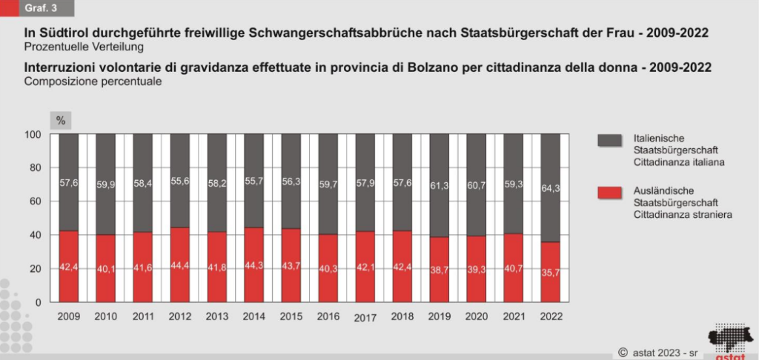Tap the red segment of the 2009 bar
(x=69, y=267)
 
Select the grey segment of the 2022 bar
(x=551, y=187)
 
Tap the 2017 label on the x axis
(x=365, y=319)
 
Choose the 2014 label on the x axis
(x=254, y=317)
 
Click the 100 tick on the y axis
(x=33, y=134)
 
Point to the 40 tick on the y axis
(x=35, y=236)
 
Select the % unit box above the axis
(x=62, y=120)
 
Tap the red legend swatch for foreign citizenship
(x=608, y=193)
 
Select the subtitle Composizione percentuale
(x=93, y=81)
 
